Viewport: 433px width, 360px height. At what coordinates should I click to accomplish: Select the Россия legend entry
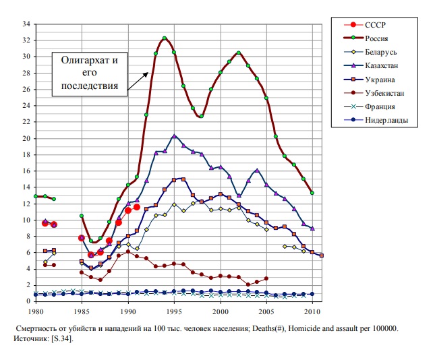click(x=366, y=38)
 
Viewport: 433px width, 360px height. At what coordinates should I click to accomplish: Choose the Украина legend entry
click(x=369, y=80)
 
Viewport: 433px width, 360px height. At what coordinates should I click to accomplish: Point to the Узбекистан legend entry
click(x=374, y=93)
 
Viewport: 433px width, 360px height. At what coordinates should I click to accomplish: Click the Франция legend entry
click(x=369, y=107)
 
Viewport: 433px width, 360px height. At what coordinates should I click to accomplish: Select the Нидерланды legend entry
click(x=376, y=120)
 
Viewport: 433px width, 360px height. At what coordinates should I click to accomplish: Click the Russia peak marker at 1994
click(x=165, y=38)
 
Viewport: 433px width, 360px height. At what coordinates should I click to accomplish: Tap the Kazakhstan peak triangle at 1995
click(x=174, y=136)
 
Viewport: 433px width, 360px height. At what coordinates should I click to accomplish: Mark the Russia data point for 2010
click(x=312, y=193)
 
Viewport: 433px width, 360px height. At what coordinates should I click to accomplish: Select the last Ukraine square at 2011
click(x=322, y=256)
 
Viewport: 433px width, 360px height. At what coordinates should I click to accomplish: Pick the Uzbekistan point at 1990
click(x=128, y=251)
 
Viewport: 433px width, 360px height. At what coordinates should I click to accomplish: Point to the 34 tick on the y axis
click(x=26, y=24)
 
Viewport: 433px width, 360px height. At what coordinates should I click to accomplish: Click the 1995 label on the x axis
click(x=174, y=311)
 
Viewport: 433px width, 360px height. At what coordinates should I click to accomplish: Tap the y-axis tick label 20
click(x=26, y=139)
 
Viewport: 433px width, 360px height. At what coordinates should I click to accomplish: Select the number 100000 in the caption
click(x=384, y=328)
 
